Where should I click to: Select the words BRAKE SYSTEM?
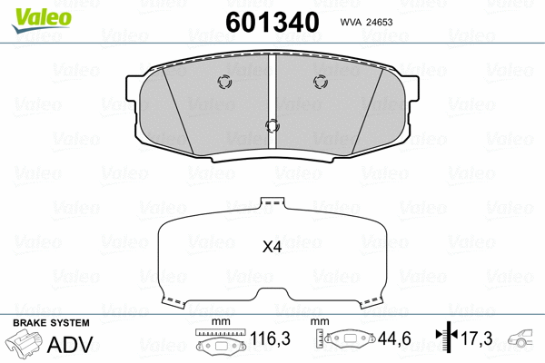50,323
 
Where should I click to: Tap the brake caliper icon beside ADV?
28,345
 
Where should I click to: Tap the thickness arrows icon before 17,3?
443,338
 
